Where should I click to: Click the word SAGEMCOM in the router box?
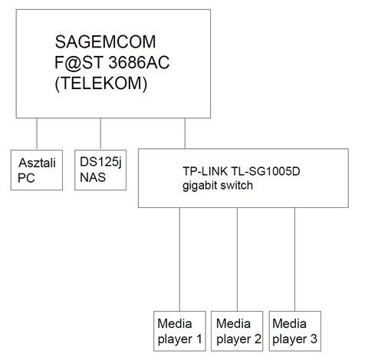coord(105,41)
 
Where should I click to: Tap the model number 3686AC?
coord(139,62)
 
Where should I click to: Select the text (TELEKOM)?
coord(101,84)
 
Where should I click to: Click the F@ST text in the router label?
coord(79,63)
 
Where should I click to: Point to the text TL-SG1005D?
coord(265,171)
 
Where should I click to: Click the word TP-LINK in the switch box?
coord(205,171)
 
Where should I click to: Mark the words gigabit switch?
coord(218,186)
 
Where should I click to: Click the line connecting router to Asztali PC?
coord(37,134)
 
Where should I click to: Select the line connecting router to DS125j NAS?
coord(100,134)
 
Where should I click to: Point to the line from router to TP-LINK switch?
coord(185,134)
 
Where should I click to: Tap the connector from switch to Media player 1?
coord(179,259)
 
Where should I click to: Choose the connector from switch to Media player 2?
coord(237,259)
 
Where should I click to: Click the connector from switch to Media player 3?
coord(295,259)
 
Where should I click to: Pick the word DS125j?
coord(100,163)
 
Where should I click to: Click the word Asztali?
coord(38,163)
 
